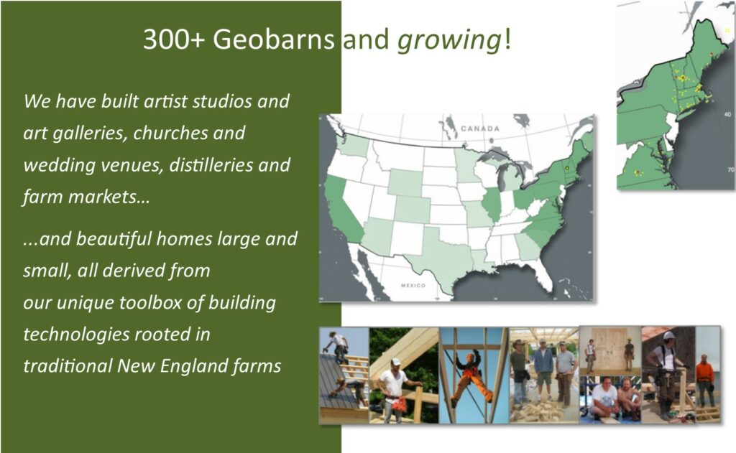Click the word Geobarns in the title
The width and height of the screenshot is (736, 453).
click(273, 39)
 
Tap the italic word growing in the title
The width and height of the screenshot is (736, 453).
click(449, 40)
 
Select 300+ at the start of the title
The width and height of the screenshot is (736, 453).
click(174, 39)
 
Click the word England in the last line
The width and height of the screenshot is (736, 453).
click(187, 366)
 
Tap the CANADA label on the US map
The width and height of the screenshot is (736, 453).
click(479, 129)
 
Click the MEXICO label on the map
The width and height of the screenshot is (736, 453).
click(413, 285)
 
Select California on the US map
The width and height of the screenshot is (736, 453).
click(342, 210)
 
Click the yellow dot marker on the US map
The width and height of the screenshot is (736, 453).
click(567, 168)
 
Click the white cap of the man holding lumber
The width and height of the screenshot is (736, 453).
click(396, 362)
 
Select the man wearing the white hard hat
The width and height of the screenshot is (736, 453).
click(665, 373)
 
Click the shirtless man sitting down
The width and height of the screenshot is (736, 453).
click(628, 398)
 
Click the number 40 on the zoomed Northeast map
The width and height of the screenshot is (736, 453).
click(727, 114)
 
